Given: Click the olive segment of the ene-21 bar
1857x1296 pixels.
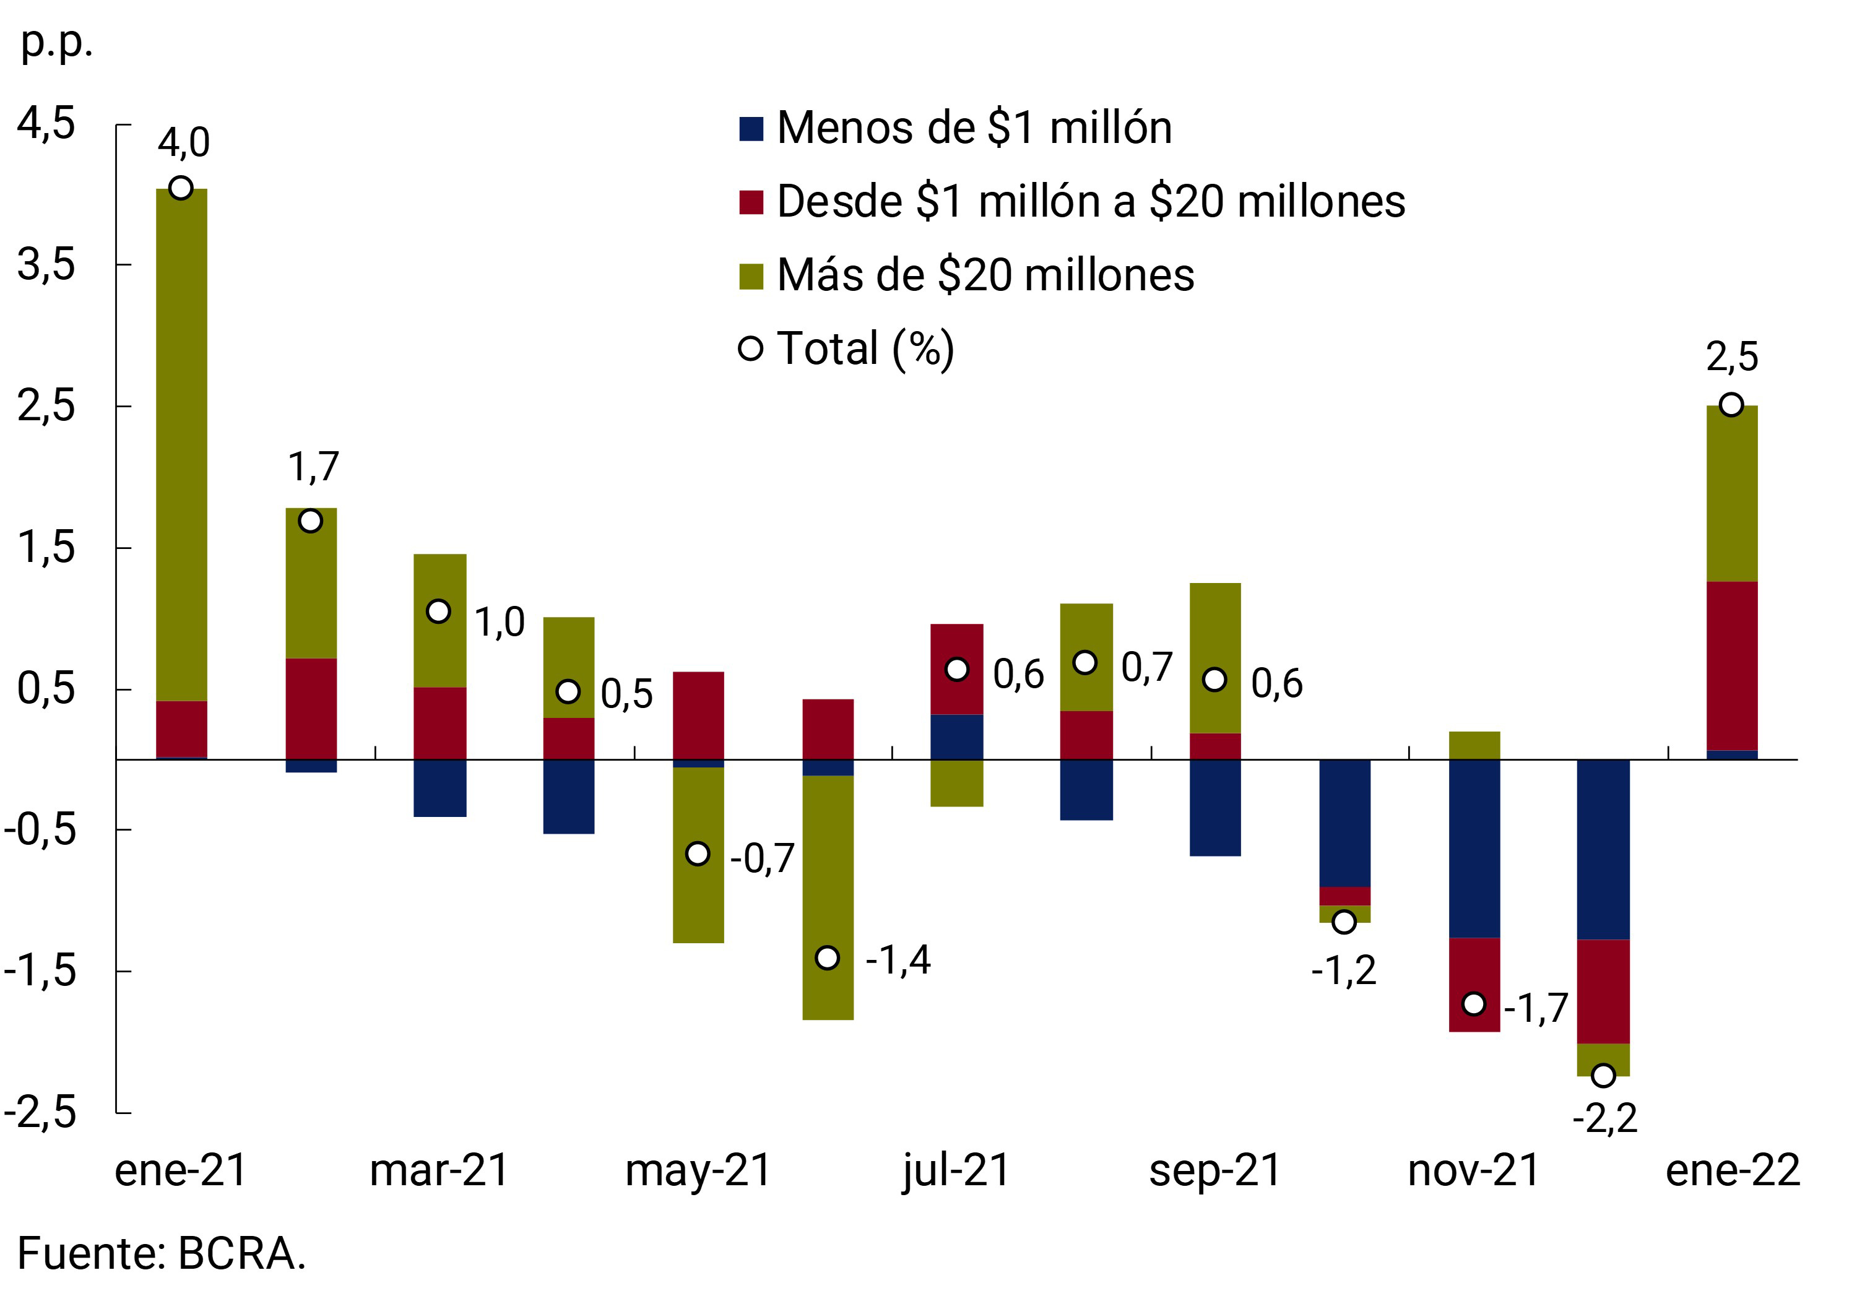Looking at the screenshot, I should click(x=181, y=444).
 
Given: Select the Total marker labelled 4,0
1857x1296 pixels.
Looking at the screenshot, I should click(x=181, y=188).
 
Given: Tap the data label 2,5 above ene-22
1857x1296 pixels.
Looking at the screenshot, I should click(x=1731, y=356).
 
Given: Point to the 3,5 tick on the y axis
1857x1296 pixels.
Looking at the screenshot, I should click(x=46, y=264).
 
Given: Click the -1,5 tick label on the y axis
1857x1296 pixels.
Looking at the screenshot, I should click(x=40, y=970).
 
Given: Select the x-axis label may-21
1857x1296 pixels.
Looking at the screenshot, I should click(x=699, y=1170).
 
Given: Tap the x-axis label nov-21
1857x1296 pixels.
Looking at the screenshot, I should click(x=1474, y=1170).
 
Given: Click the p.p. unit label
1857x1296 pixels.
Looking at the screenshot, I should click(x=56, y=42).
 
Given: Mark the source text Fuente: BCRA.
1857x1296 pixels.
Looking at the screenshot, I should click(x=162, y=1254).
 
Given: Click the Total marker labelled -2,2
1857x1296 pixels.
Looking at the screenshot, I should click(x=1603, y=1075).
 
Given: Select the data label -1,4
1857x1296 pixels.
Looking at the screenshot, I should click(x=898, y=960).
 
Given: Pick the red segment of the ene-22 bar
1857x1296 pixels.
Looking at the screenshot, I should click(x=1731, y=665).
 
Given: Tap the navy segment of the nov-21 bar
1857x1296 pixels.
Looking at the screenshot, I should click(x=1474, y=849).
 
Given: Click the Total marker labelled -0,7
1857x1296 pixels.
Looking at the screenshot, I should click(x=698, y=853).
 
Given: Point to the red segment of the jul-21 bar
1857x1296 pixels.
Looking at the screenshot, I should click(x=957, y=647).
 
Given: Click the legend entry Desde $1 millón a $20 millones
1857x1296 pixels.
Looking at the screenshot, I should click(x=1090, y=201).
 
